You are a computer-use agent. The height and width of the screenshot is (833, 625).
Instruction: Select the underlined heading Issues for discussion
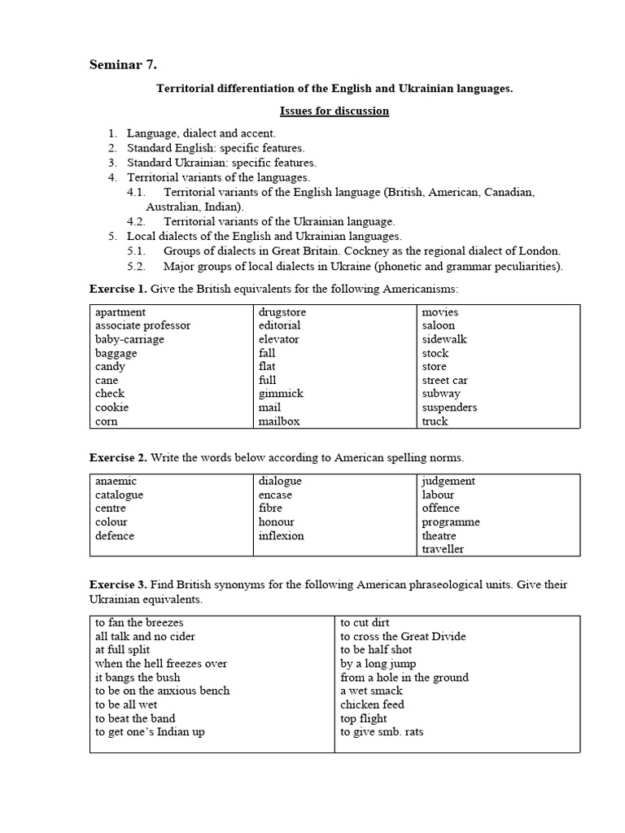click(x=334, y=111)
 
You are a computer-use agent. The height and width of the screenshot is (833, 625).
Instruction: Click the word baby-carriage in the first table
click(x=129, y=339)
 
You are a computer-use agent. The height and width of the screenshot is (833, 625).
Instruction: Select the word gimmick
click(x=281, y=394)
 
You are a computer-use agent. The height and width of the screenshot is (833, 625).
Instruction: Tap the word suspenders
click(x=449, y=408)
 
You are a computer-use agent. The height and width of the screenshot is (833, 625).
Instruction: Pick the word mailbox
click(x=279, y=421)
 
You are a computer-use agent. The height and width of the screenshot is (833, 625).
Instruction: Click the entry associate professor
click(x=142, y=325)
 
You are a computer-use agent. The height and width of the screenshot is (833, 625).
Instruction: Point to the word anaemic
click(x=116, y=482)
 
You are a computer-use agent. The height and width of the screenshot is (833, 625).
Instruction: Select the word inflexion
click(x=282, y=536)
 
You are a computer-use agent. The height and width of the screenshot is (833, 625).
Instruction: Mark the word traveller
click(x=443, y=550)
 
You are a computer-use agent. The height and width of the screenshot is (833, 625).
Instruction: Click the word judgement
click(x=448, y=482)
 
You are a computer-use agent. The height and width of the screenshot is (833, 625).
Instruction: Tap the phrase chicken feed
click(x=372, y=705)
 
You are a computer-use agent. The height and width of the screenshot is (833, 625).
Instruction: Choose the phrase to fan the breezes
click(x=139, y=622)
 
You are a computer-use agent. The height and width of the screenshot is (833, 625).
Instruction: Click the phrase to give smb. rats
click(x=382, y=732)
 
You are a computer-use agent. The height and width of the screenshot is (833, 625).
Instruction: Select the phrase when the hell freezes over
click(x=161, y=664)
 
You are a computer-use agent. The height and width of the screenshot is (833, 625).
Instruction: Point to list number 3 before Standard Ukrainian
click(x=112, y=163)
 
